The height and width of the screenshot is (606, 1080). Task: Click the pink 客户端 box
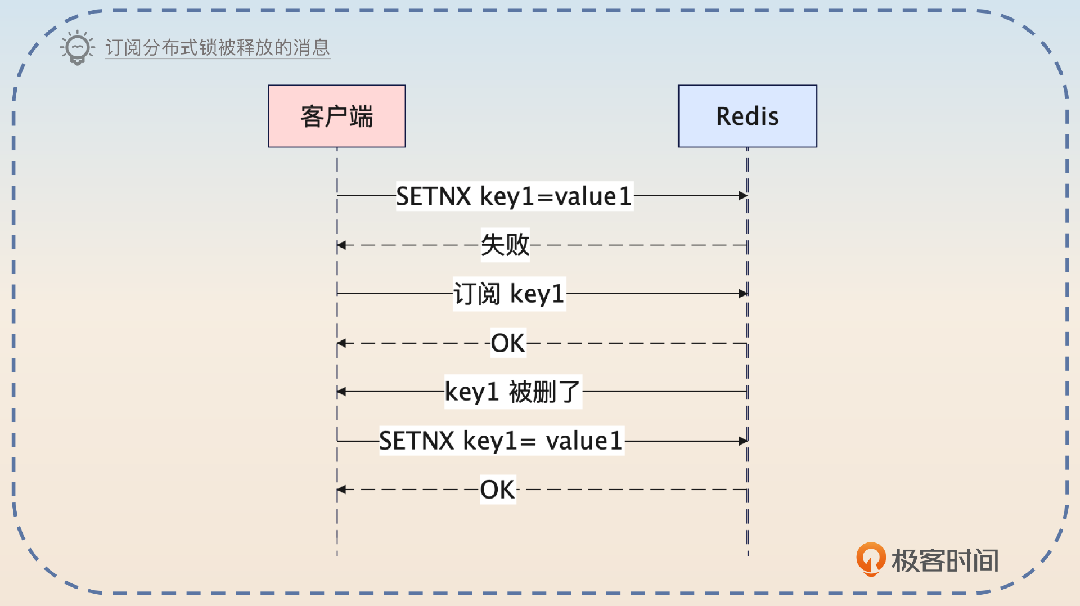(x=336, y=116)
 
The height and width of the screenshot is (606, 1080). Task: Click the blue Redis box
(x=747, y=116)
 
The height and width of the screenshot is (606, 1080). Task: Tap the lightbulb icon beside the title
(x=77, y=48)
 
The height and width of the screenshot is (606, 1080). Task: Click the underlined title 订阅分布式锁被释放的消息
(x=217, y=48)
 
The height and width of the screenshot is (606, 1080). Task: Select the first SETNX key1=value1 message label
(x=514, y=196)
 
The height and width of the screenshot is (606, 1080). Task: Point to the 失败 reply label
(x=505, y=245)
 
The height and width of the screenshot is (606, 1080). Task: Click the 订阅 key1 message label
(x=509, y=294)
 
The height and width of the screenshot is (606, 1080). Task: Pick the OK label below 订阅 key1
(x=508, y=343)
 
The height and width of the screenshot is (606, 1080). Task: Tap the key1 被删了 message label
(x=512, y=392)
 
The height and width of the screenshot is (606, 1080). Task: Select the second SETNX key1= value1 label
(x=501, y=441)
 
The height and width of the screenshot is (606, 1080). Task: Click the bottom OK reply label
(x=498, y=490)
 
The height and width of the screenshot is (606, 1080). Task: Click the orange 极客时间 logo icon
(x=870, y=559)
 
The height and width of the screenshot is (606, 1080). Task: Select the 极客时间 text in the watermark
(x=945, y=560)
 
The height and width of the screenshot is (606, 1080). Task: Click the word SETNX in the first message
(x=434, y=196)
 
